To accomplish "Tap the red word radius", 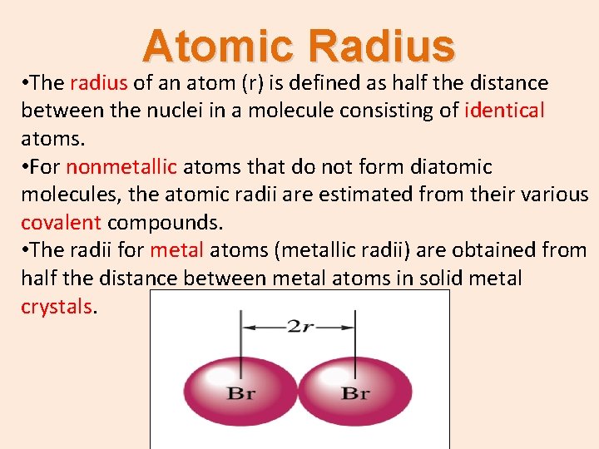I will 99,82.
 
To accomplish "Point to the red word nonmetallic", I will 121,167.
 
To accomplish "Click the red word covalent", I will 61,223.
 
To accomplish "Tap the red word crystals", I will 57,306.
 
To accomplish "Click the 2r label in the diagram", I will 299,327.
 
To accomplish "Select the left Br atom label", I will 241,393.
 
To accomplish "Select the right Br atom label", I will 355,393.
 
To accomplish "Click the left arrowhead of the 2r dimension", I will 247,328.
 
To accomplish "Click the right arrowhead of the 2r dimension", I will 349,328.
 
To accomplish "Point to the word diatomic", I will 451,167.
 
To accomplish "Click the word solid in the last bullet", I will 418,278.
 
